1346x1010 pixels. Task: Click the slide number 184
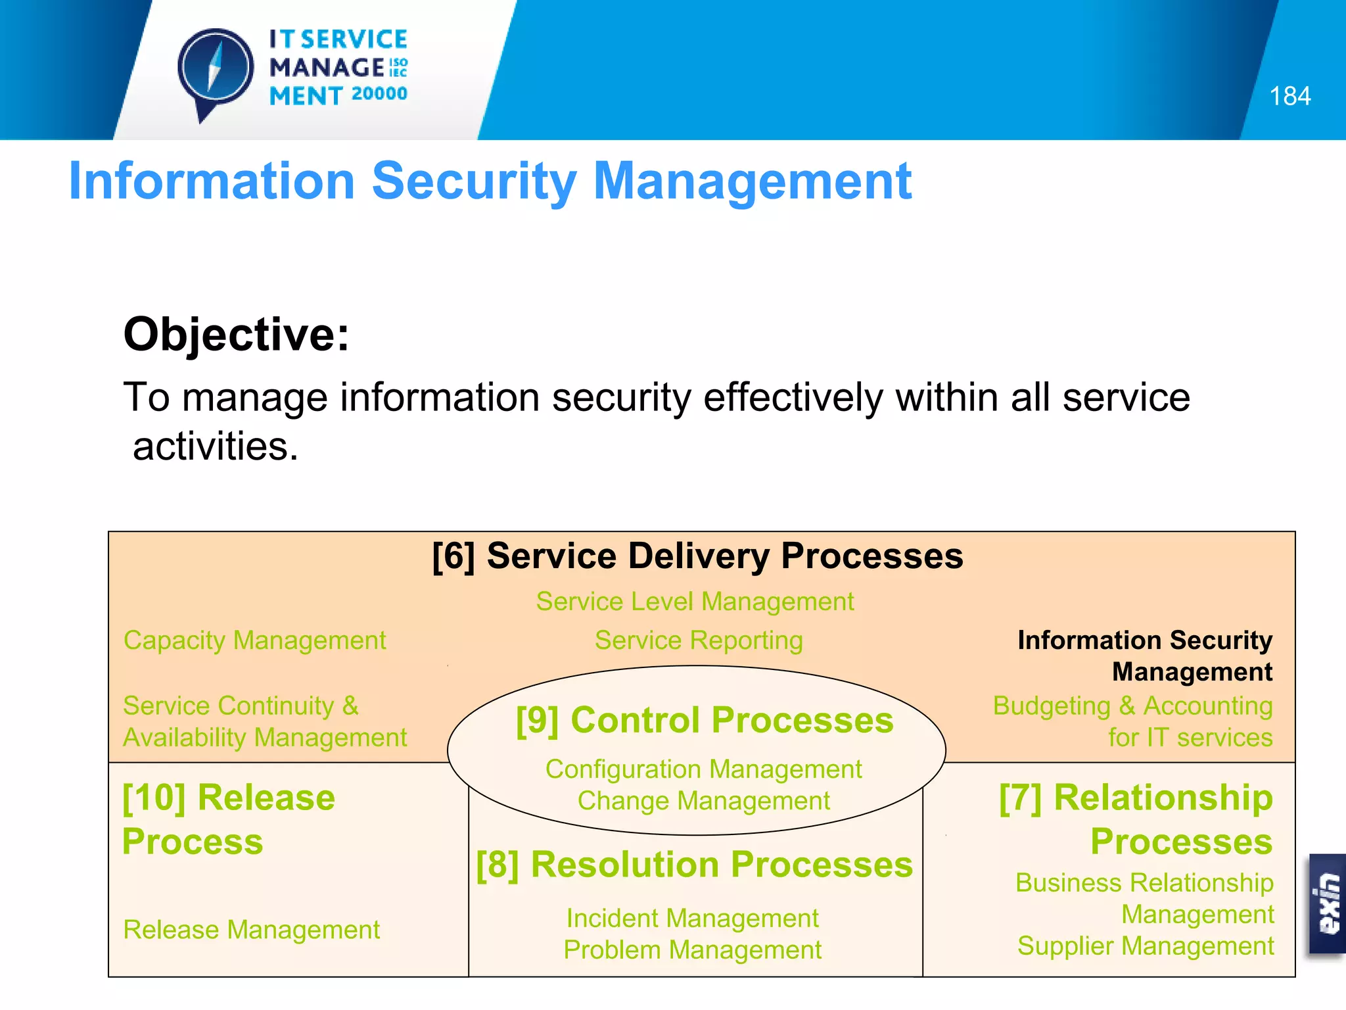[1289, 97]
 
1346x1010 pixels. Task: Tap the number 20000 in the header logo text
[379, 94]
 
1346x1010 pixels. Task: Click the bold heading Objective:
[236, 335]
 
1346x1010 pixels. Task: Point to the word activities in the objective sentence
[215, 446]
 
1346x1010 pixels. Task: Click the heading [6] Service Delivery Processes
[697, 556]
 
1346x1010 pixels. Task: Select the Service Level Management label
[695, 602]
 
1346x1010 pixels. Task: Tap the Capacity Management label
[254, 640]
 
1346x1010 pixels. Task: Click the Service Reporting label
[699, 640]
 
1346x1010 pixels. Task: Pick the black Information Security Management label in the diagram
[1144, 656]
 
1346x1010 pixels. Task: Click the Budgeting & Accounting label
[1132, 706]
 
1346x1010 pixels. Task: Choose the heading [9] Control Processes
[704, 720]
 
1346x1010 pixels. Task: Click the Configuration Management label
[703, 769]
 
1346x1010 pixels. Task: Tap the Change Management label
[703, 801]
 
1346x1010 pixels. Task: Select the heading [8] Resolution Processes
[695, 865]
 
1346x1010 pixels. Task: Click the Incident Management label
[692, 919]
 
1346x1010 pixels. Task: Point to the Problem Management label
[692, 950]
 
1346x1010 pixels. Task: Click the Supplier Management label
[1145, 946]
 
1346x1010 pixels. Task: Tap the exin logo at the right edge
[1328, 903]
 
